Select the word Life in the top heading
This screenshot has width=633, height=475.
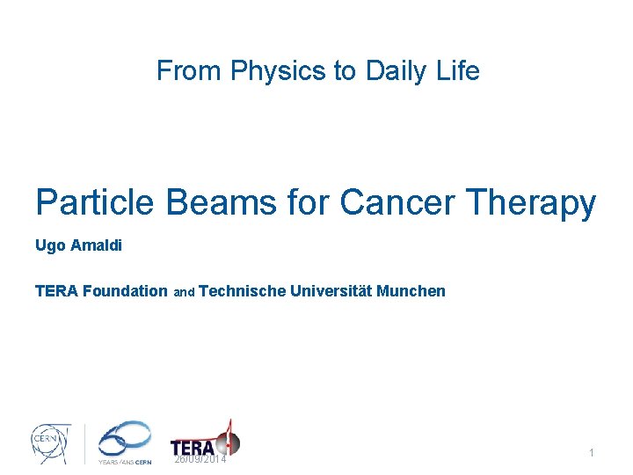pyautogui.click(x=460, y=70)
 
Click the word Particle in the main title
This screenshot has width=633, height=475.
pyautogui.click(x=94, y=203)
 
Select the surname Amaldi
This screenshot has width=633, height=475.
pyautogui.click(x=95, y=245)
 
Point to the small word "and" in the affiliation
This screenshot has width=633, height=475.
pyautogui.click(x=184, y=292)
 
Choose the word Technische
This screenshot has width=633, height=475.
pyautogui.click(x=243, y=290)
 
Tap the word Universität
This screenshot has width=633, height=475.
pyautogui.click(x=331, y=290)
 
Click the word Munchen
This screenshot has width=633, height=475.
pyautogui.click(x=411, y=290)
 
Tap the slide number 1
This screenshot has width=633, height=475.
pyautogui.click(x=592, y=452)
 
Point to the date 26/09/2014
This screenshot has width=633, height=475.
pyautogui.click(x=200, y=459)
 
